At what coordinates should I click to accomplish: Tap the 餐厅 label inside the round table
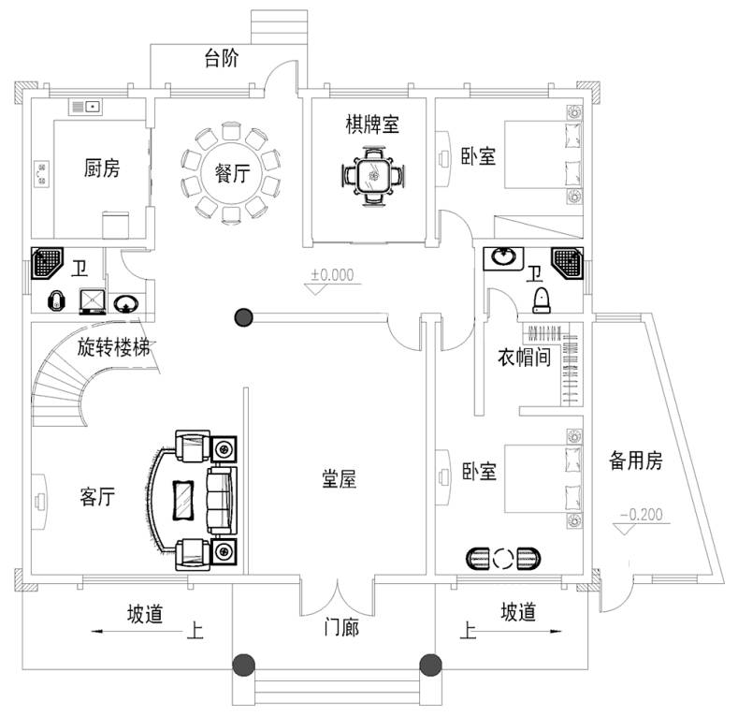[231, 174]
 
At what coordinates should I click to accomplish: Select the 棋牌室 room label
[371, 124]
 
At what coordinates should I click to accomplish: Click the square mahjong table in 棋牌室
[373, 175]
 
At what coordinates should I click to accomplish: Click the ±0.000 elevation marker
[332, 275]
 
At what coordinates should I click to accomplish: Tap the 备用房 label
[636, 460]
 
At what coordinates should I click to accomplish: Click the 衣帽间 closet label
[523, 357]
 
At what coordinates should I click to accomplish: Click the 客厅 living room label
[96, 497]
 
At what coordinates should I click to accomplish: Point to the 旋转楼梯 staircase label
[114, 349]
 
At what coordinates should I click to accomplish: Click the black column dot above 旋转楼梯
[244, 317]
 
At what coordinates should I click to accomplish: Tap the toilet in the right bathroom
[540, 300]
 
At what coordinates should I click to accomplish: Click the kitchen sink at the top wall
[83, 106]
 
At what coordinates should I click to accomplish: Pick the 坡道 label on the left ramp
[146, 614]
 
